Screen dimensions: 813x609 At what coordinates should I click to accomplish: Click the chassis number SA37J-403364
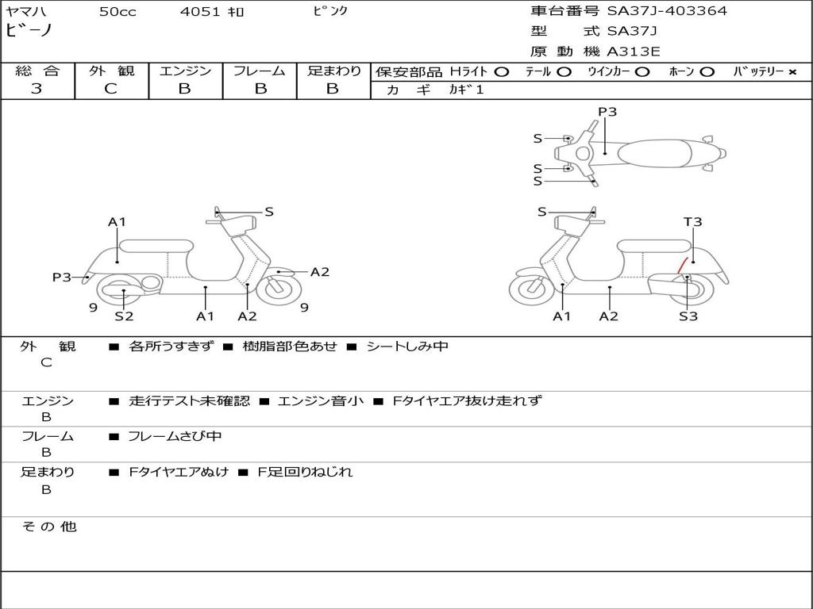click(x=667, y=11)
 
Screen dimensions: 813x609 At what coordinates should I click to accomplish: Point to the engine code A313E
click(x=634, y=52)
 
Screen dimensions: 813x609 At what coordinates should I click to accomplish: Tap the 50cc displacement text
click(x=116, y=12)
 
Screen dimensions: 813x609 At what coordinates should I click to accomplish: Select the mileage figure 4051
click(x=197, y=12)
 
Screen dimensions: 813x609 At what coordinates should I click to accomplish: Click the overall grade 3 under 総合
click(x=37, y=89)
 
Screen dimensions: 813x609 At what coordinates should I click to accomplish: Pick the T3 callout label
click(x=692, y=222)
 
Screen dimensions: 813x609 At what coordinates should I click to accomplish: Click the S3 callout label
click(x=688, y=316)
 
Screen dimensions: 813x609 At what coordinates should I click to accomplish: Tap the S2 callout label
click(x=124, y=316)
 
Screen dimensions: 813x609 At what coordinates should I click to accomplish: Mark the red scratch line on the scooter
click(x=681, y=265)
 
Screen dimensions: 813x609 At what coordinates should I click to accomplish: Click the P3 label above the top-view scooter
click(x=607, y=112)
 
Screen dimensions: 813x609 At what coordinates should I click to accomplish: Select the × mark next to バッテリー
click(x=792, y=71)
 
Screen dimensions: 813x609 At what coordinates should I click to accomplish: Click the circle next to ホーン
click(x=707, y=71)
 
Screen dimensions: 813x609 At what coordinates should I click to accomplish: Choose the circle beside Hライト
click(x=501, y=71)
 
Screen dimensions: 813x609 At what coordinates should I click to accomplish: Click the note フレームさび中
click(x=175, y=436)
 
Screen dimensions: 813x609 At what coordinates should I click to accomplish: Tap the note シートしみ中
click(x=406, y=347)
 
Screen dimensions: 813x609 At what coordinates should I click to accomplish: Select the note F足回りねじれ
click(x=305, y=472)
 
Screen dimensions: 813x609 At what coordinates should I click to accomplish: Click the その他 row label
click(x=49, y=527)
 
